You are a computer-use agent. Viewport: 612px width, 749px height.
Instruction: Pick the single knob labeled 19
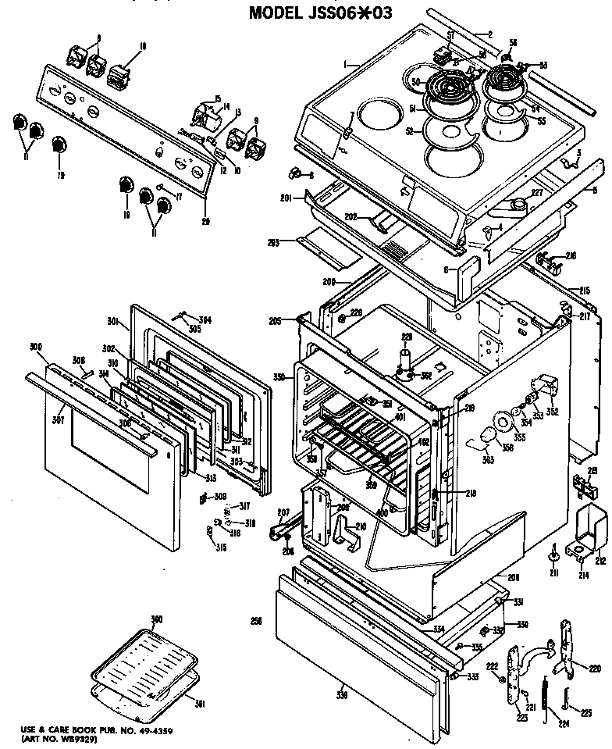click(58, 146)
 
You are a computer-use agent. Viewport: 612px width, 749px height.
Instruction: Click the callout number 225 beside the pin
click(585, 712)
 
